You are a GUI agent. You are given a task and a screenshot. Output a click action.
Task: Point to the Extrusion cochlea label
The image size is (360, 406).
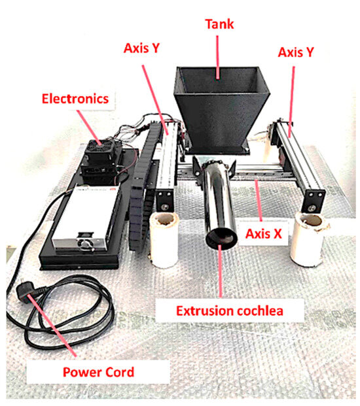pos(230,309)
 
